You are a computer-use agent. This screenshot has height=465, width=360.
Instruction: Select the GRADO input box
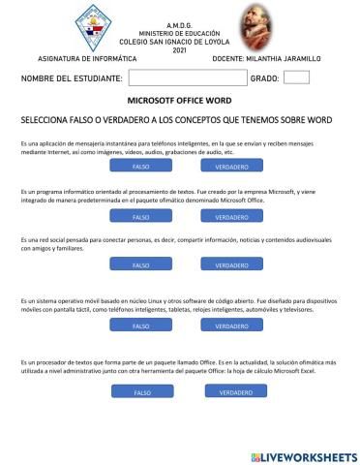(x=297, y=77)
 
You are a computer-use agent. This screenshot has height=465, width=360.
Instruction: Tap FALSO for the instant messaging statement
(x=140, y=167)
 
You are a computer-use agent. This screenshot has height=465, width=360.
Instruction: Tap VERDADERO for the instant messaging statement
(x=225, y=167)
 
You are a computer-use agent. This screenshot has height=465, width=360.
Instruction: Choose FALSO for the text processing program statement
(x=140, y=216)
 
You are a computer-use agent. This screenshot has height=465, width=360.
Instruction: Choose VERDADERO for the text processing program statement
(x=225, y=216)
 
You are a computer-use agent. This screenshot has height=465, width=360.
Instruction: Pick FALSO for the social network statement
(x=140, y=264)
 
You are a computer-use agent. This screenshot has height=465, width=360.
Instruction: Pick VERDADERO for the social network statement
(x=225, y=264)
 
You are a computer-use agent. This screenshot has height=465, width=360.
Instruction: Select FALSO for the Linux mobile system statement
(x=140, y=326)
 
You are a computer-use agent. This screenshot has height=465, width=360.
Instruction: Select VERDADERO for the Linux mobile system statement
(x=225, y=326)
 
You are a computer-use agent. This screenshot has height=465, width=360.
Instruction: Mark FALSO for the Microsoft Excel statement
(x=143, y=393)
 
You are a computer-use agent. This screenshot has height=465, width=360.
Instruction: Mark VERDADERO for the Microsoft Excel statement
(x=229, y=393)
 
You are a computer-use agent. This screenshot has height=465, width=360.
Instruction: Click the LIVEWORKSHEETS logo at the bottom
(x=303, y=455)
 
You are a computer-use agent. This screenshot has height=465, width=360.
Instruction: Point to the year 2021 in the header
(x=179, y=50)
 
